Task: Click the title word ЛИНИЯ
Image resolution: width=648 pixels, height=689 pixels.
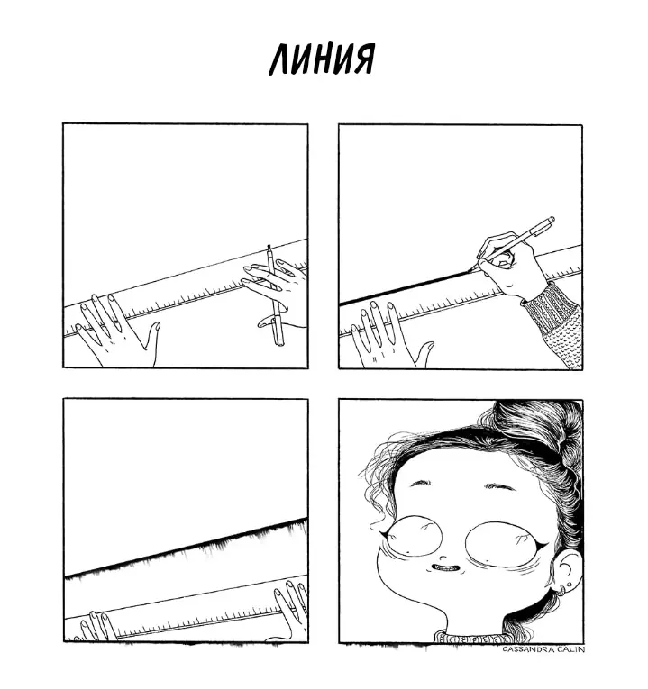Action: (x=322, y=59)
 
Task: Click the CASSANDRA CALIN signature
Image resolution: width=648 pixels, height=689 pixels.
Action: (x=543, y=649)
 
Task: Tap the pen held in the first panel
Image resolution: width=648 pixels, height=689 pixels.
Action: (x=275, y=295)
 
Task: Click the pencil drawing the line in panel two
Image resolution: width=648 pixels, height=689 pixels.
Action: (x=512, y=244)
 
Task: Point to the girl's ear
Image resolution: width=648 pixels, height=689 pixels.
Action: (x=567, y=570)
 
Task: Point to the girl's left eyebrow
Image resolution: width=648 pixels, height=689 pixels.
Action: (x=421, y=483)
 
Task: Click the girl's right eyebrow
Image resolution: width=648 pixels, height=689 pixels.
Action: (x=499, y=486)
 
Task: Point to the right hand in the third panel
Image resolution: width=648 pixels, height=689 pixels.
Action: (x=290, y=611)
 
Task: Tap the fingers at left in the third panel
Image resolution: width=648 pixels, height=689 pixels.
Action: (x=97, y=626)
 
